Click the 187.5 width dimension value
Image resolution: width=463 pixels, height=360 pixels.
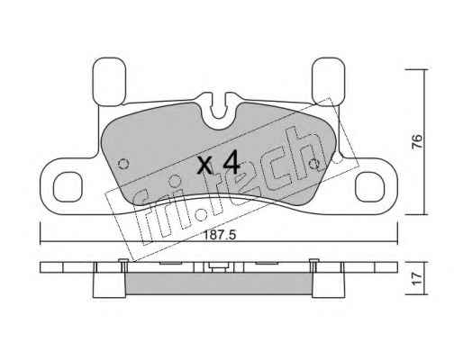[220, 235]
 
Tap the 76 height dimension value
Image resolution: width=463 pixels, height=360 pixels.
[417, 142]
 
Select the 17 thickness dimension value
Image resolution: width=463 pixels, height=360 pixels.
[417, 279]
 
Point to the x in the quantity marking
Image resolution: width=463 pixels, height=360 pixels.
[204, 166]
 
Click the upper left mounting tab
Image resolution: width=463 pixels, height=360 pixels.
[109, 82]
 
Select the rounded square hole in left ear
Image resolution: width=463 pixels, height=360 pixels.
[68, 187]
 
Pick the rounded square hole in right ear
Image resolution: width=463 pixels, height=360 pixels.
[369, 186]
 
